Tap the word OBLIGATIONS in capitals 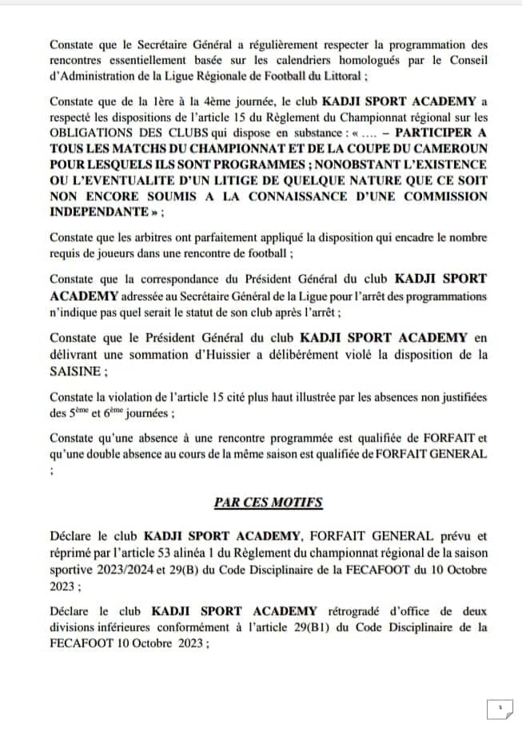point(90,133)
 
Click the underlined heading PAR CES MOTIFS point(268,502)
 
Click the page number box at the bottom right point(498,708)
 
